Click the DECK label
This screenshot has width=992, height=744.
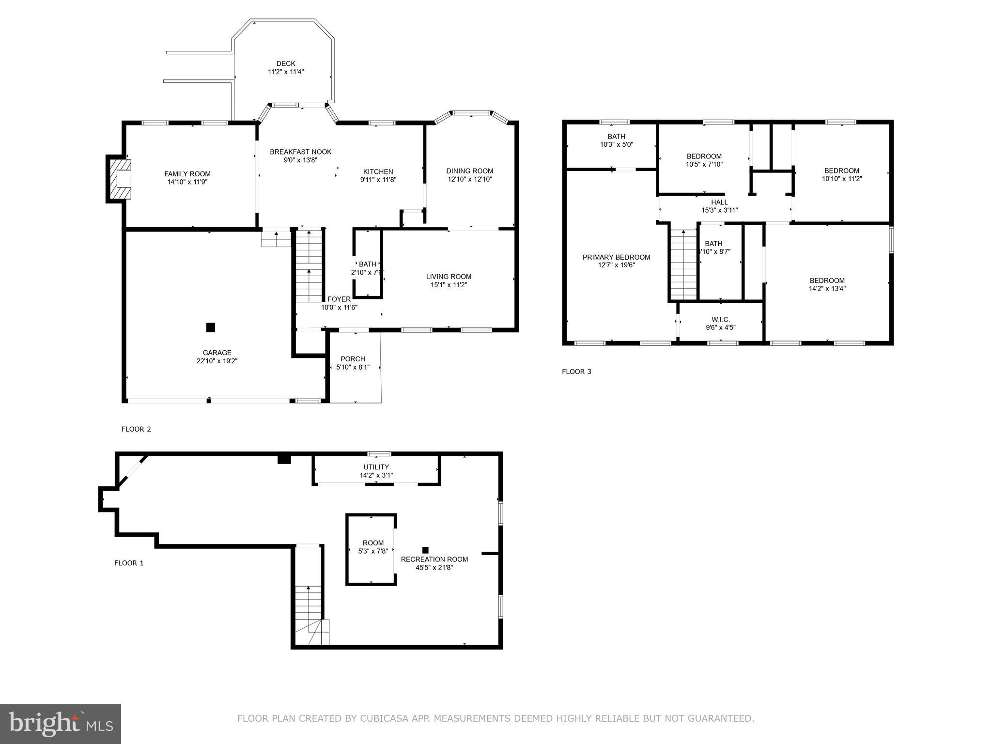[286, 63]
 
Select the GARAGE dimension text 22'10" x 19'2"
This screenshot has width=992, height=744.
[217, 361]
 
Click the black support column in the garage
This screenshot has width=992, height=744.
[210, 327]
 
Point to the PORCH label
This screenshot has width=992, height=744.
[353, 359]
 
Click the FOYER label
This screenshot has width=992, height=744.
[339, 299]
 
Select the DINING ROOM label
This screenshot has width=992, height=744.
[469, 170]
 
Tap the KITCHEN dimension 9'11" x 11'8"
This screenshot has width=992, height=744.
[378, 180]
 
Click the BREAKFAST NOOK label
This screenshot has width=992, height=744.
[300, 152]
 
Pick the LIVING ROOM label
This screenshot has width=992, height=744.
[449, 277]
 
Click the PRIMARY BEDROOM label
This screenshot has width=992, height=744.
[616, 257]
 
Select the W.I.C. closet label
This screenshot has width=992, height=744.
[720, 320]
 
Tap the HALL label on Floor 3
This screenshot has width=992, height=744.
[719, 202]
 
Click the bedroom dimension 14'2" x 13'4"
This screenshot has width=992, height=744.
[827, 288]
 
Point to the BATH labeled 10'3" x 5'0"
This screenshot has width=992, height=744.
[616, 137]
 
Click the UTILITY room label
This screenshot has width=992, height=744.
[376, 467]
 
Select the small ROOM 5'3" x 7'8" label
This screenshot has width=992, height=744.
[373, 543]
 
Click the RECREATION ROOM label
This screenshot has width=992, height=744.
[434, 559]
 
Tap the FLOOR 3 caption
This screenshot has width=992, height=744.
[576, 372]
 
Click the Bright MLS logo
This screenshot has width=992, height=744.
[60, 723]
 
